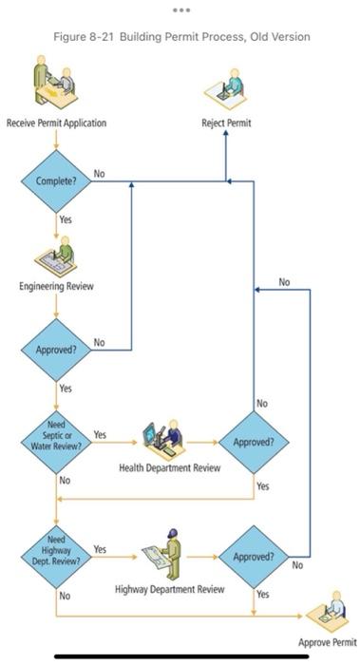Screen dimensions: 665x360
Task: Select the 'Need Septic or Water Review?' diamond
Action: click(x=56, y=442)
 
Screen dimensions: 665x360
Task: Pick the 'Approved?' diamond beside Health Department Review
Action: click(x=254, y=442)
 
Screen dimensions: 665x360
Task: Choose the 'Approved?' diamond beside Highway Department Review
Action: click(x=254, y=557)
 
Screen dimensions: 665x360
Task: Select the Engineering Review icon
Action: click(x=56, y=257)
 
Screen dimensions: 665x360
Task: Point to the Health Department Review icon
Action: click(x=163, y=440)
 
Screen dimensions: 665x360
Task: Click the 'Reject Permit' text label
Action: click(x=226, y=123)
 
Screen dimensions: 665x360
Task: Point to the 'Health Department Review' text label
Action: click(x=170, y=467)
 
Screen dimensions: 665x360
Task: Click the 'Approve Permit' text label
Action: click(x=328, y=643)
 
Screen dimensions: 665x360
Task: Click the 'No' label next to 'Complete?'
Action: click(x=99, y=173)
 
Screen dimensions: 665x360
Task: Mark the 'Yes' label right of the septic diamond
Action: click(x=100, y=434)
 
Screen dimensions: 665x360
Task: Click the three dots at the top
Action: click(x=180, y=9)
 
